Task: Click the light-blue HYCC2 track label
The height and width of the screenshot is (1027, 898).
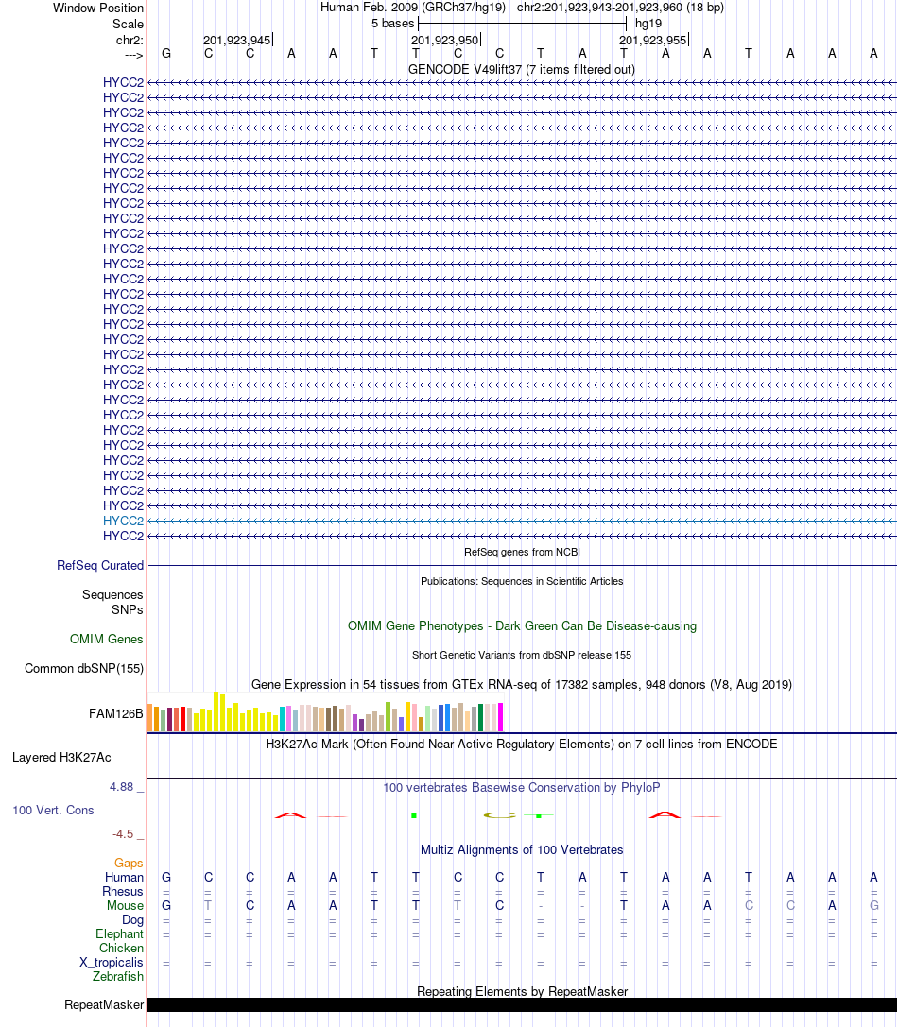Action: click(x=123, y=521)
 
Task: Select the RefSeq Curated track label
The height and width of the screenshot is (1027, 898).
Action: click(x=100, y=565)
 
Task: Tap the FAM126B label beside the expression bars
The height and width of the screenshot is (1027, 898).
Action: click(x=116, y=713)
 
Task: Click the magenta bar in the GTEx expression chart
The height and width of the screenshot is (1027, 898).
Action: click(x=500, y=717)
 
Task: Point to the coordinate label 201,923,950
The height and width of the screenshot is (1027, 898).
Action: click(x=445, y=40)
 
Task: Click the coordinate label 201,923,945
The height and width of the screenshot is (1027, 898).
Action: click(x=236, y=40)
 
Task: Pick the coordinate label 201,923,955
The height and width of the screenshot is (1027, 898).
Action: click(x=653, y=40)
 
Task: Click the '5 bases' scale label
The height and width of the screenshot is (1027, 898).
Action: click(x=392, y=23)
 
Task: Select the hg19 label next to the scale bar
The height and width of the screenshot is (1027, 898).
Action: click(x=648, y=23)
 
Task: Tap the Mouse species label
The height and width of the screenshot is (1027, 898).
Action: click(x=125, y=905)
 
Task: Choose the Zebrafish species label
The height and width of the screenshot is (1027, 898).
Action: click(x=118, y=976)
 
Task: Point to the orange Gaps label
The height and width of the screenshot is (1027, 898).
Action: click(x=129, y=863)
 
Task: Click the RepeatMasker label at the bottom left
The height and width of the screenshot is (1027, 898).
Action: click(x=104, y=1004)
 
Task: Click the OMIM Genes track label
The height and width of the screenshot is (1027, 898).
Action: click(x=107, y=639)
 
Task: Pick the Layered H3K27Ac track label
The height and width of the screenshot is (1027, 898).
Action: click(x=61, y=757)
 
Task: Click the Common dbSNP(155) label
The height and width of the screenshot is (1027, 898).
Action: click(x=84, y=668)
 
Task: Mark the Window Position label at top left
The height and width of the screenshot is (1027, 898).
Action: click(x=98, y=8)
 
